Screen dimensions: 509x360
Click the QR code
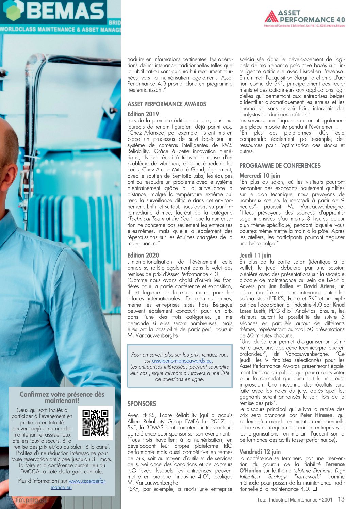tap(95, 423)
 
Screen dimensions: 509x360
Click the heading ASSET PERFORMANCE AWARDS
tap(167, 104)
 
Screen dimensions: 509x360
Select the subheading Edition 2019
tap(143, 114)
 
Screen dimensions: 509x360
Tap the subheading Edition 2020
tap(143, 255)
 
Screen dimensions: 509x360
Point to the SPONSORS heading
tap(142, 404)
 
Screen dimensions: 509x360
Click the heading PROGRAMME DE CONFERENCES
tap(280, 166)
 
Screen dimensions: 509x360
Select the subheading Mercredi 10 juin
tap(260, 176)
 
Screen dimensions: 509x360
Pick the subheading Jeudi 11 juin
tap(255, 255)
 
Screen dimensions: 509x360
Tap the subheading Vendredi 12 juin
tap(260, 452)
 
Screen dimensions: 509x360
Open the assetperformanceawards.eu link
tap(182, 361)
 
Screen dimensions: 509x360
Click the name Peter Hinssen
tap(316, 415)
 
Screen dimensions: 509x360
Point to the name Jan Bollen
tap(281, 286)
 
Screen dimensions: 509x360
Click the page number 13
tap(341, 499)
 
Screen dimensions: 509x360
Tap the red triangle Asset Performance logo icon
tap(271, 16)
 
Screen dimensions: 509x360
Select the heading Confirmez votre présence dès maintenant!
tap(62, 397)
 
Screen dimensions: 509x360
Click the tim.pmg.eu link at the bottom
tap(31, 500)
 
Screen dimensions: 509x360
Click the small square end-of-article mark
tap(314, 489)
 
